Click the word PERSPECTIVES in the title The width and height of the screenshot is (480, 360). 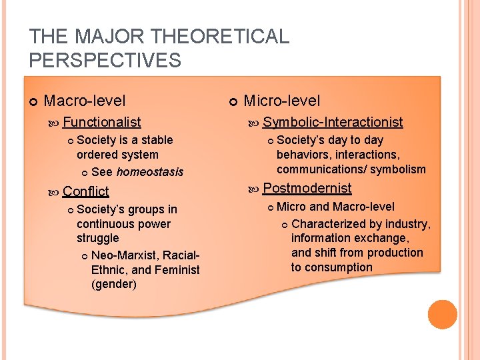(105, 61)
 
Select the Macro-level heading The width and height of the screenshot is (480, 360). (84, 101)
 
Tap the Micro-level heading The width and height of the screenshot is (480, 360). (282, 101)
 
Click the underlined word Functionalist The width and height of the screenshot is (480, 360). (101, 121)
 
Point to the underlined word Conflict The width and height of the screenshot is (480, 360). (85, 191)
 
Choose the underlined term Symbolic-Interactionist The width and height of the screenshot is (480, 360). (333, 121)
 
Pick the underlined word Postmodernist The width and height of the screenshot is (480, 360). (307, 188)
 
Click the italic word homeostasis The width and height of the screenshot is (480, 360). (149, 172)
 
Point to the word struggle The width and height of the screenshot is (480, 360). (97, 238)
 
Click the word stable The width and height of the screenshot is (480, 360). (157, 140)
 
